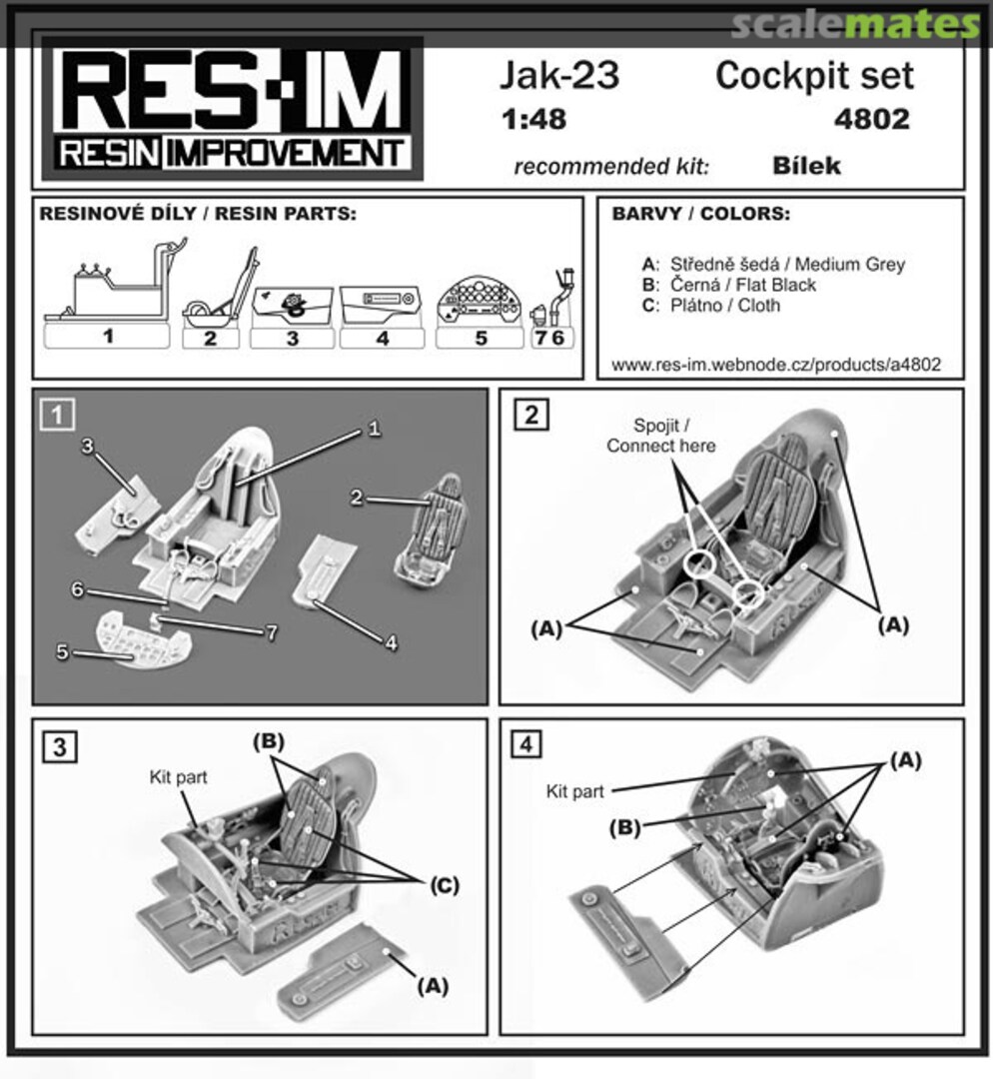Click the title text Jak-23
559,76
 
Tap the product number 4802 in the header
870,120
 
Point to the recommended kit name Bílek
806,165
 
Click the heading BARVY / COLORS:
700,215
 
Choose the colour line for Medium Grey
773,265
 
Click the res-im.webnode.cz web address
775,366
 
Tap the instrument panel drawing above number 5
481,298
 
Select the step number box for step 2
530,414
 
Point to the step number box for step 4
529,744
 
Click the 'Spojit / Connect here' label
660,437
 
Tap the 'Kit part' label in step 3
178,776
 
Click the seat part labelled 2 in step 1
426,530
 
